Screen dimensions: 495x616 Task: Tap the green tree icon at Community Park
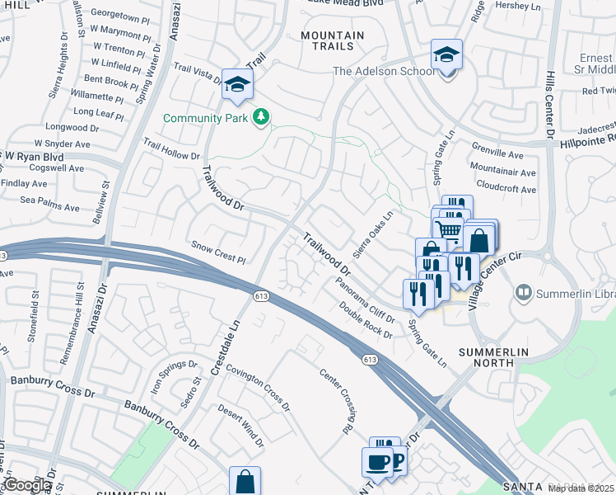(261, 117)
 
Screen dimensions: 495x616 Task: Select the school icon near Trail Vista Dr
(237, 84)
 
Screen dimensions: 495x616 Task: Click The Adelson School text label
(384, 72)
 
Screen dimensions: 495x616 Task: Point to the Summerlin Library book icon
(523, 293)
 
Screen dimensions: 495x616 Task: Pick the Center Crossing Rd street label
(336, 402)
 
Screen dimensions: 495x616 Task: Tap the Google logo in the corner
(27, 485)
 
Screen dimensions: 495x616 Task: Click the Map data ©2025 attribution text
(581, 488)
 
